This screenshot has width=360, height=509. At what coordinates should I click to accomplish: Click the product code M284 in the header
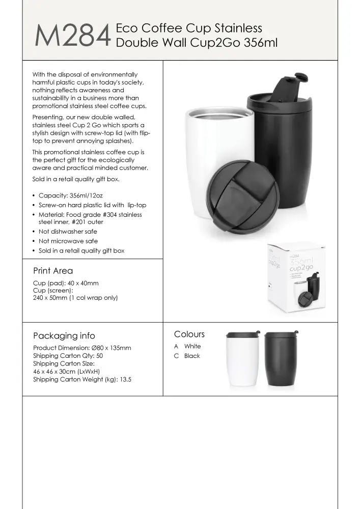click(x=73, y=36)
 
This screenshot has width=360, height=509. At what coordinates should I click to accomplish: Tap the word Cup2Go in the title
click(x=216, y=42)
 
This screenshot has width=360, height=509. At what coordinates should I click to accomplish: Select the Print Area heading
click(x=53, y=271)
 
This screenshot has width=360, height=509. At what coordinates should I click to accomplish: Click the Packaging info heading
click(x=64, y=336)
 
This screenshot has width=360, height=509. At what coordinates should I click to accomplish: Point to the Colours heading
click(x=189, y=334)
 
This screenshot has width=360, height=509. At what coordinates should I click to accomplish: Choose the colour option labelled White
click(x=192, y=346)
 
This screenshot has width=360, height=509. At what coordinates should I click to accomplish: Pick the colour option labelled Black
click(x=192, y=356)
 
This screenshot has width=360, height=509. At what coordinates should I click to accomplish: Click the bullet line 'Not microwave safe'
click(x=68, y=241)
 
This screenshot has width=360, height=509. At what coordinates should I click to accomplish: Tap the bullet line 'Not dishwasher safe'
click(x=68, y=231)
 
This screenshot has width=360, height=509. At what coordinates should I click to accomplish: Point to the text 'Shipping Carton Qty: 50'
click(x=68, y=356)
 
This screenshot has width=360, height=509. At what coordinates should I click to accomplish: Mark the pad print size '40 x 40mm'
click(x=82, y=283)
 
